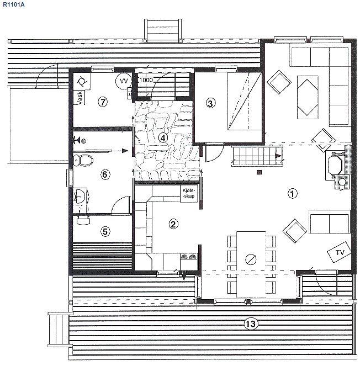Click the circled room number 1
[x=292, y=194]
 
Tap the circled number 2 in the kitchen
[x=173, y=224]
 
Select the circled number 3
[x=210, y=103]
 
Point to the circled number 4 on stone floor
[x=163, y=138]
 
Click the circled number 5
[x=105, y=231]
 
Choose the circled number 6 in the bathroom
[x=105, y=174]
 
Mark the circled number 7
[x=103, y=102]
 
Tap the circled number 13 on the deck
[x=251, y=323]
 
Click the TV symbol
[x=339, y=252]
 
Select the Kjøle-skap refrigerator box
[x=189, y=194]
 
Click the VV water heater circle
[x=124, y=81]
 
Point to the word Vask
[x=80, y=98]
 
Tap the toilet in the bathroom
[x=83, y=160]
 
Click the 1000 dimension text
[x=145, y=80]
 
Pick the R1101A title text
[x=14, y=4]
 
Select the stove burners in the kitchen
[x=188, y=257]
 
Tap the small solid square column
[x=259, y=172]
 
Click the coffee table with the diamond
[x=308, y=97]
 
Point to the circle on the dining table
[x=251, y=259]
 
